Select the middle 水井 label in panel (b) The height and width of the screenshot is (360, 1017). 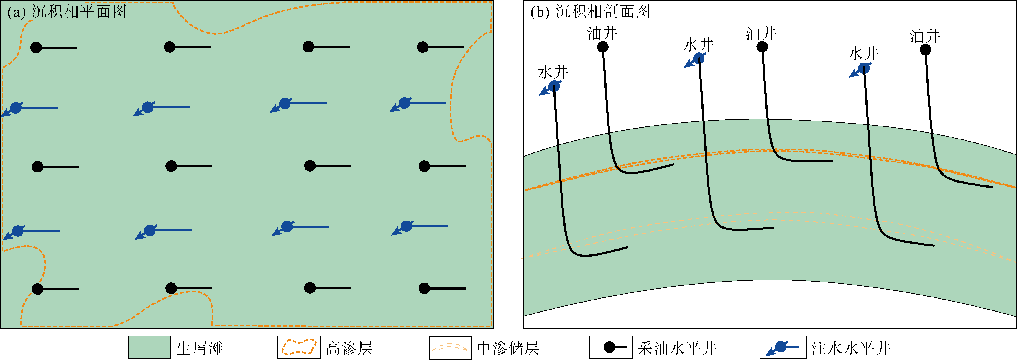point(699,45)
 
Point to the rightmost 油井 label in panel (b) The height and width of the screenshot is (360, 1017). point(925,36)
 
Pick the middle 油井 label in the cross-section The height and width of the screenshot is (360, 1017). point(761,34)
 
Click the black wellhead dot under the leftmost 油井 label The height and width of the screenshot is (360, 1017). point(602,47)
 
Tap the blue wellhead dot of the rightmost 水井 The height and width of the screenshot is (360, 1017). point(864,69)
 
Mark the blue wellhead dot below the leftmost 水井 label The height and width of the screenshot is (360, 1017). point(554,86)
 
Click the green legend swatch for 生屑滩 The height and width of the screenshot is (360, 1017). point(149,347)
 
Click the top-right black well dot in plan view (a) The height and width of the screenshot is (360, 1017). point(423,47)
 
